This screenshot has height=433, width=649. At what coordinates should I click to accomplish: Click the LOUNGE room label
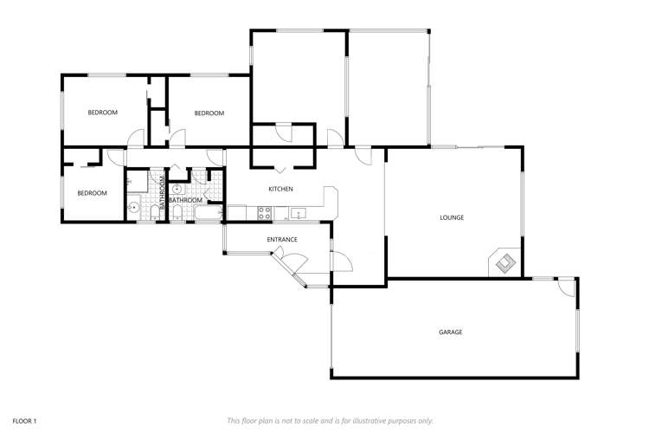point(452,217)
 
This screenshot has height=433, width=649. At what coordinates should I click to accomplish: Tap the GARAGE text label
point(450,332)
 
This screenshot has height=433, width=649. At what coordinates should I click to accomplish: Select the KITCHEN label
point(280,189)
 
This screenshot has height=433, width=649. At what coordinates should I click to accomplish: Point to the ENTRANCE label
point(282,240)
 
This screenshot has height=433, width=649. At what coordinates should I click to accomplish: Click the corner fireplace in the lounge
point(504,262)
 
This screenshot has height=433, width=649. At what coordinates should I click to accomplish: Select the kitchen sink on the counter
point(297,213)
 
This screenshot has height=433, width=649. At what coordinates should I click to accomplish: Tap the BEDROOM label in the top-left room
point(103,113)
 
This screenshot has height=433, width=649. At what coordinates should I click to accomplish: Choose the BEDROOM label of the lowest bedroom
point(92,193)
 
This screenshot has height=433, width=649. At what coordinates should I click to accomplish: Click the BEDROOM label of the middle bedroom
point(209,113)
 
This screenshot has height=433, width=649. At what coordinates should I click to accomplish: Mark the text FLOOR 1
point(23,420)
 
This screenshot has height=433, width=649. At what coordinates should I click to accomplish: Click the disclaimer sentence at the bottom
point(330,420)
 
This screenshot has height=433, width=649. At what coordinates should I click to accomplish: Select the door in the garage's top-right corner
point(567,288)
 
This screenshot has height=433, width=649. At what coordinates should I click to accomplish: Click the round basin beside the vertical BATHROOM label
point(177,188)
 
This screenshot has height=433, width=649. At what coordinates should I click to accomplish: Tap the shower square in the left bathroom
point(136,181)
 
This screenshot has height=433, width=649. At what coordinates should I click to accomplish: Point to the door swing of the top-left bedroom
point(135,139)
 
